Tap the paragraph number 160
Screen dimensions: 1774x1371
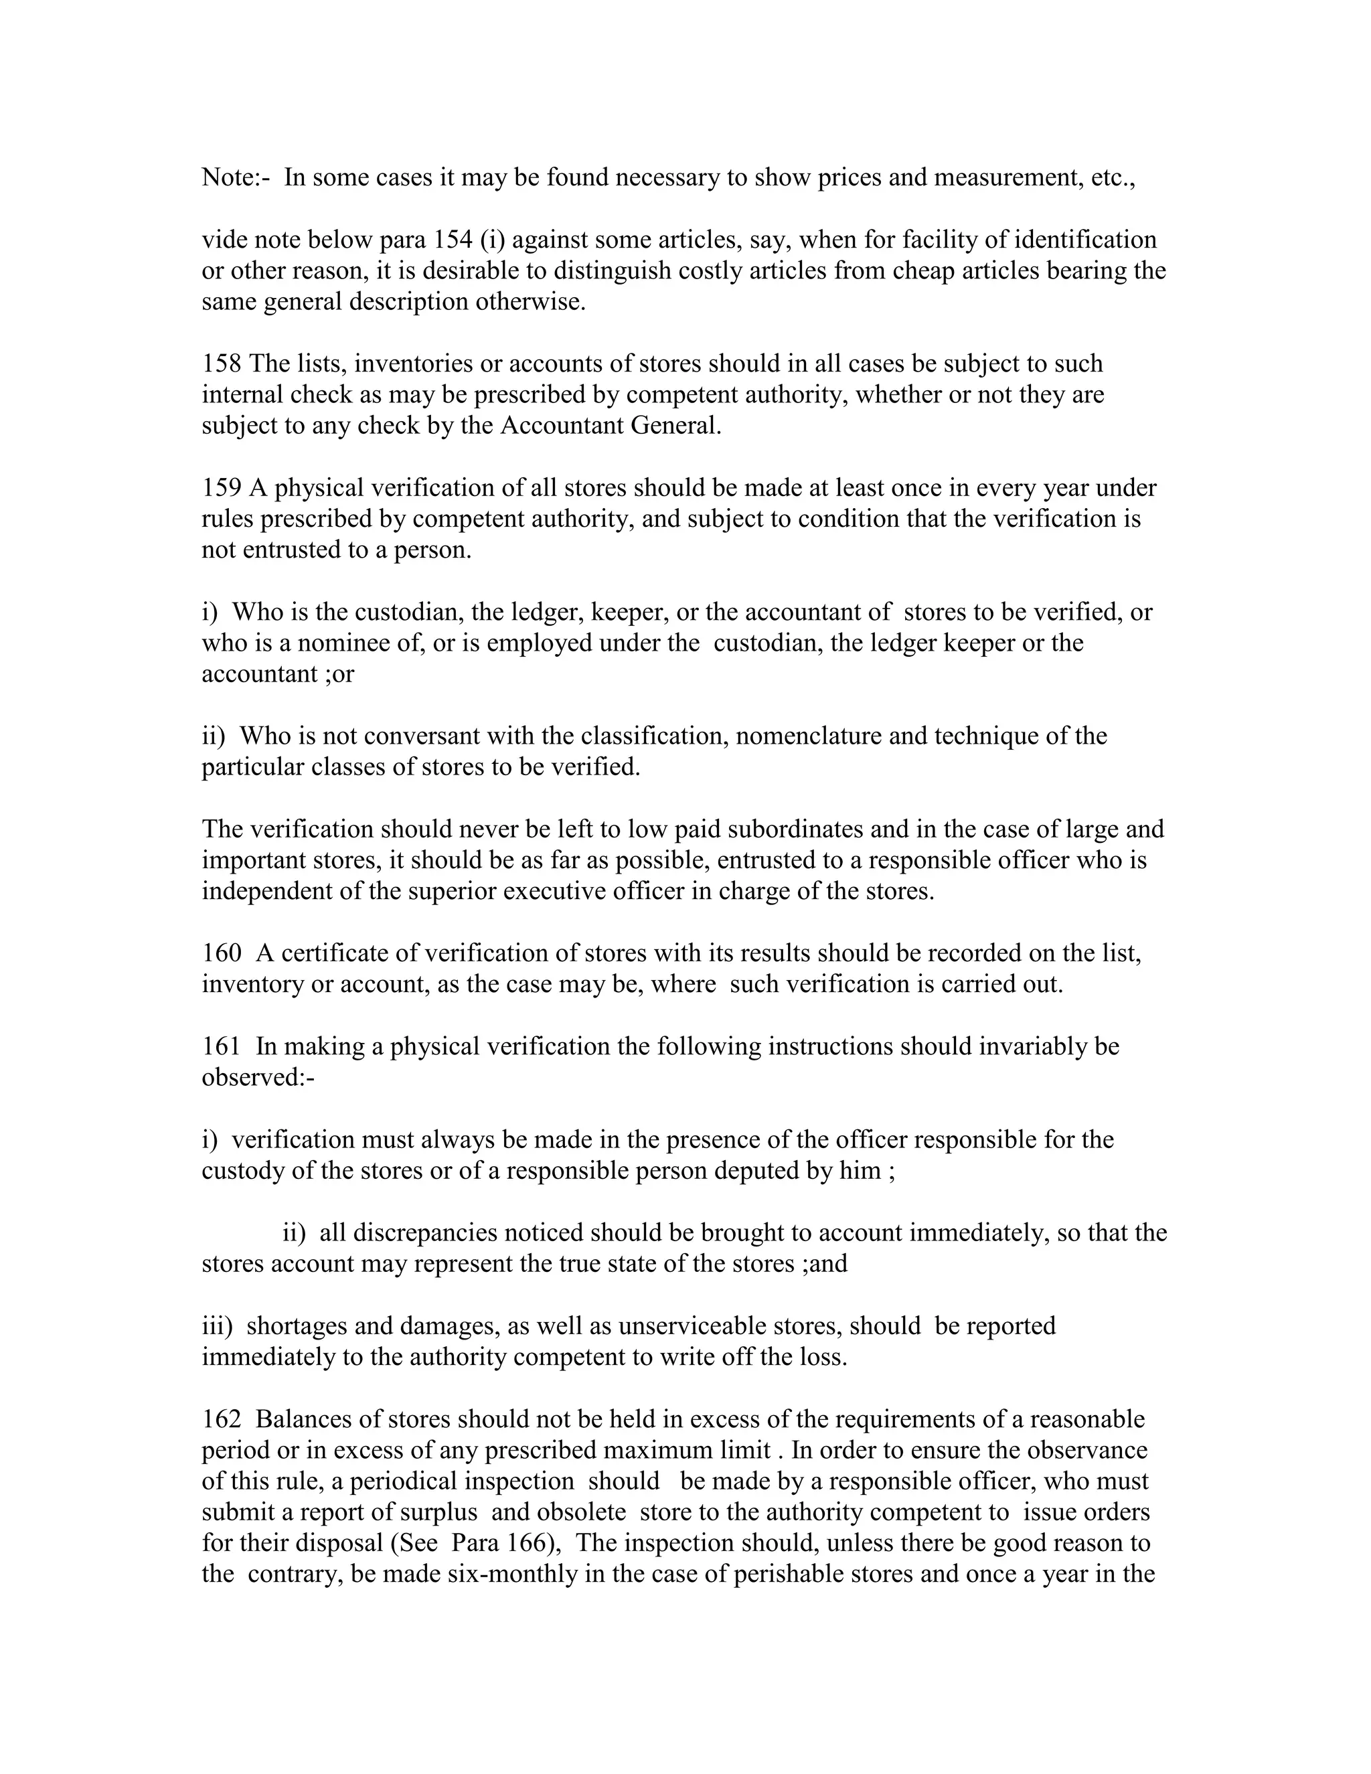(221, 953)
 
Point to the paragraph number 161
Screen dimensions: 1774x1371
(221, 1046)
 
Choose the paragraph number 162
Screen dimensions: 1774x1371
(221, 1419)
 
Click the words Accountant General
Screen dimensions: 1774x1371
(610, 426)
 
